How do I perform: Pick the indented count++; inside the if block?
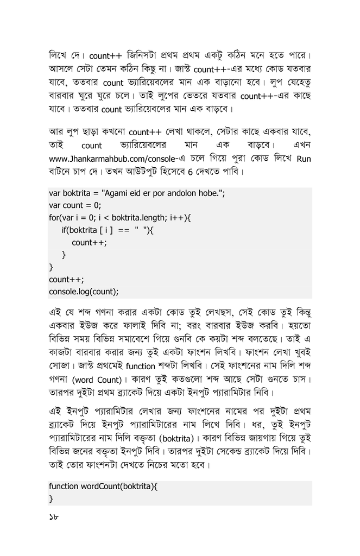coord(89,243)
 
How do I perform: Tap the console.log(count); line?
coord(84,291)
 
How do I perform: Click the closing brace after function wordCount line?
coord(51,498)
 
